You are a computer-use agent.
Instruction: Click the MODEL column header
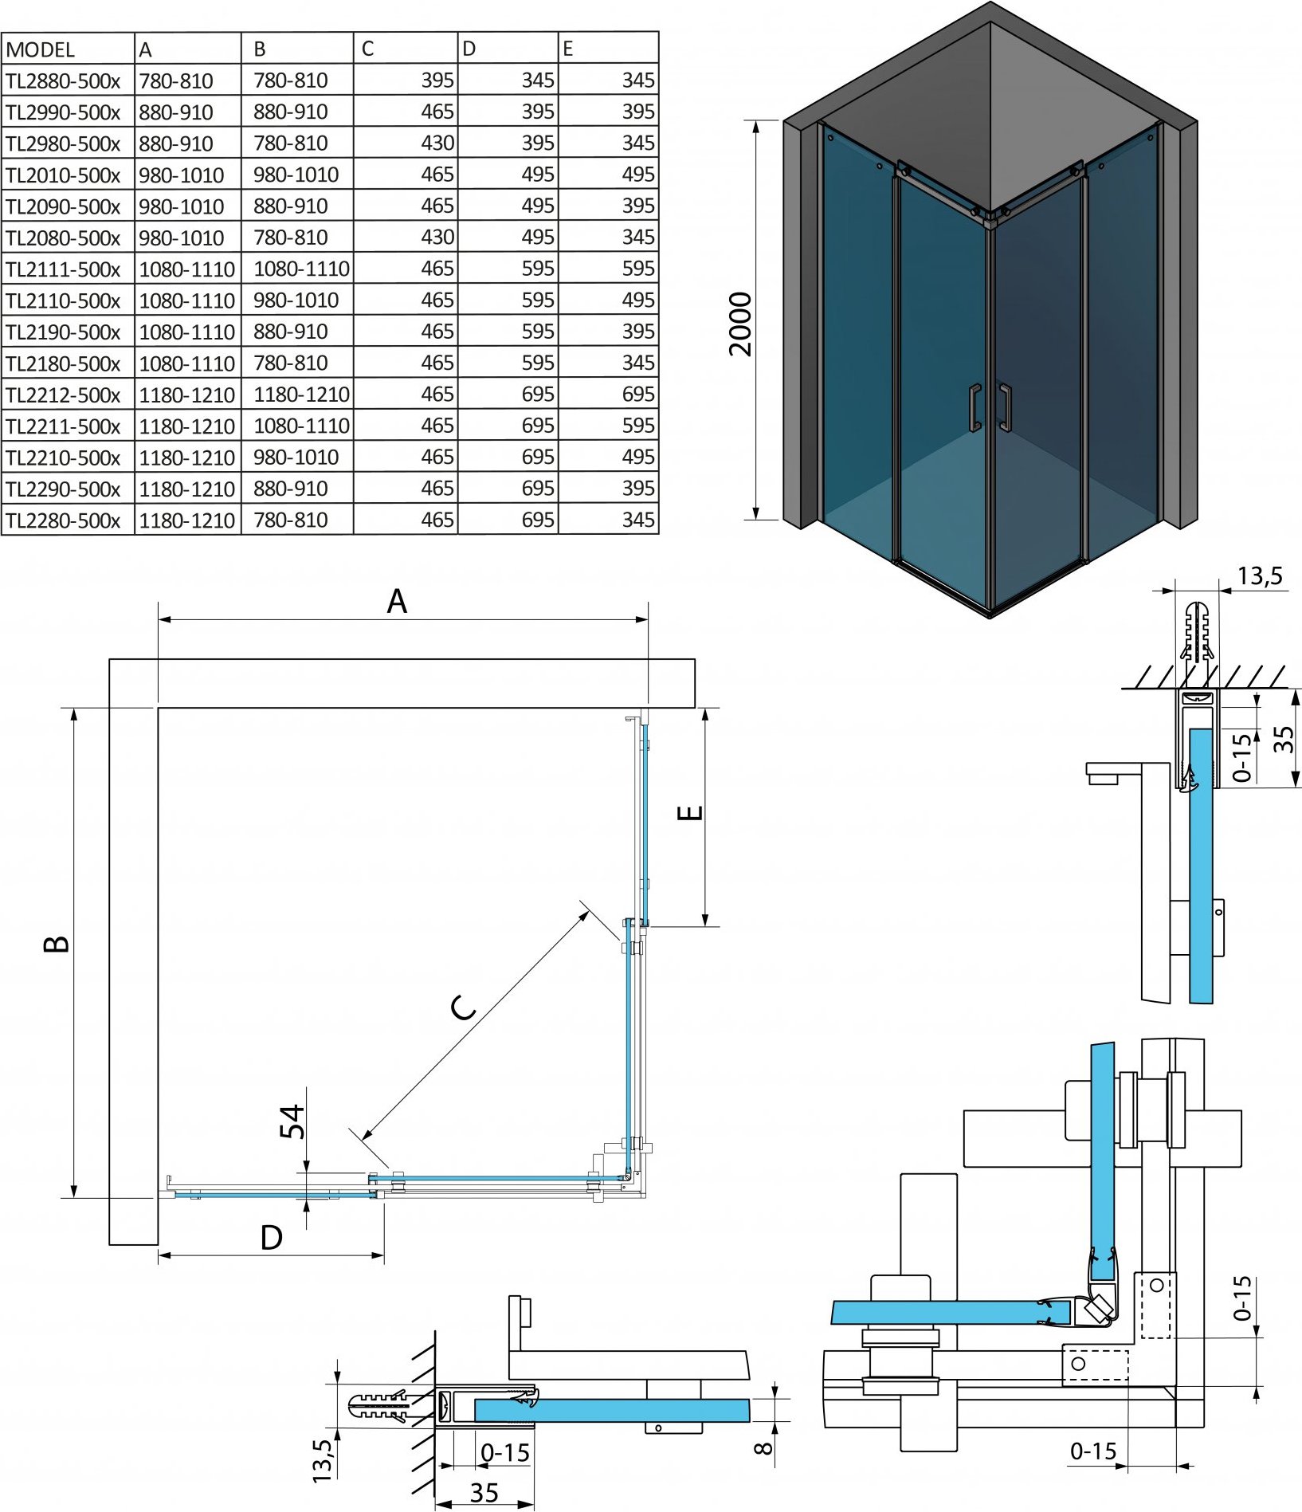click(x=40, y=49)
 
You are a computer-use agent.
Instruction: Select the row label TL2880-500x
click(x=63, y=81)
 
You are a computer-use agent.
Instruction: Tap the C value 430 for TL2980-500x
click(x=437, y=143)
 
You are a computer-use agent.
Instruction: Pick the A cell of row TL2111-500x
click(x=187, y=269)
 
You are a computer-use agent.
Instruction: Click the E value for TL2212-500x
click(x=638, y=395)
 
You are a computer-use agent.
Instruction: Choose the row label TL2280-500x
click(x=63, y=520)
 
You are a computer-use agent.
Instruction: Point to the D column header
click(x=469, y=49)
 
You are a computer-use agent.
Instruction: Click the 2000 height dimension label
click(x=740, y=324)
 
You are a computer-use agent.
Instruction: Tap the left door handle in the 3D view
click(x=975, y=407)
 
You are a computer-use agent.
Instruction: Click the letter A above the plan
click(x=397, y=602)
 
